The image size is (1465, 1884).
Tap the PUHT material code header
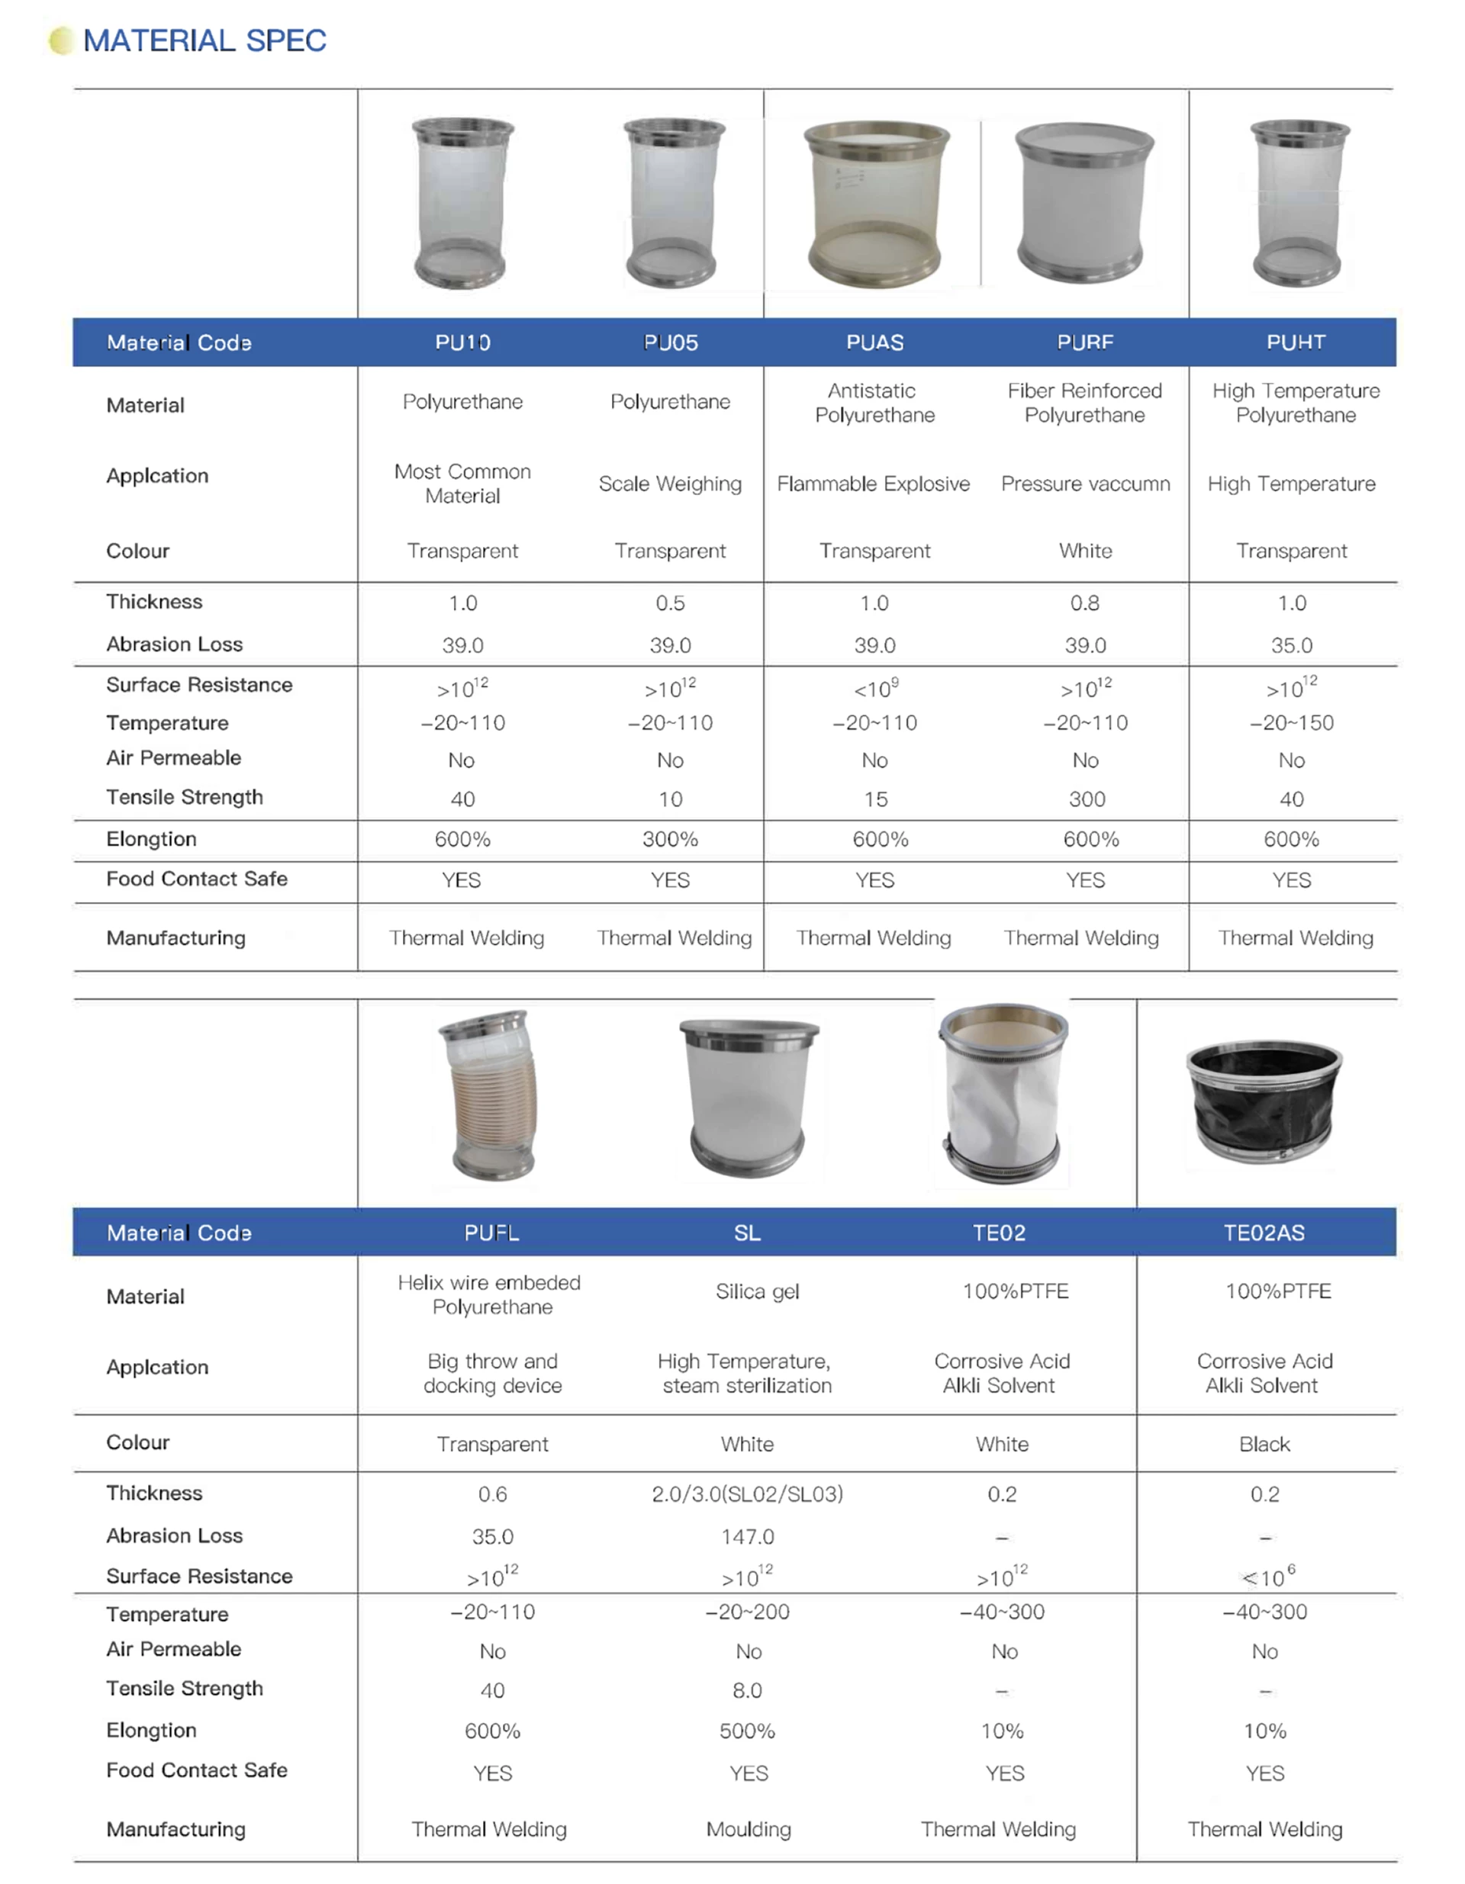pyautogui.click(x=1295, y=342)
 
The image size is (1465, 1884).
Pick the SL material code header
pyautogui.click(x=747, y=1233)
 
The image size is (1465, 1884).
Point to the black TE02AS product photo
pyautogui.click(x=1264, y=1101)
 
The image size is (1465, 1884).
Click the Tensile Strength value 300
pyautogui.click(x=1087, y=799)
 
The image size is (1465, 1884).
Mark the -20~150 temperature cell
pyautogui.click(x=1292, y=723)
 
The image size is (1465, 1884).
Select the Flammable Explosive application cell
pyautogui.click(x=873, y=484)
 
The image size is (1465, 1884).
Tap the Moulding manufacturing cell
pyautogui.click(x=748, y=1829)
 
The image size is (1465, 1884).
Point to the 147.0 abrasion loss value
pyautogui.click(x=747, y=1536)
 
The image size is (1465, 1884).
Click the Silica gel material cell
pyautogui.click(x=757, y=1291)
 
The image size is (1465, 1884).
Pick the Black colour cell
pyautogui.click(x=1264, y=1444)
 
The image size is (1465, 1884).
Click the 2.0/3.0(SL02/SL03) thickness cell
pyautogui.click(x=747, y=1494)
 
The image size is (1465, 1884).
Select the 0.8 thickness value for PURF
pyautogui.click(x=1084, y=603)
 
